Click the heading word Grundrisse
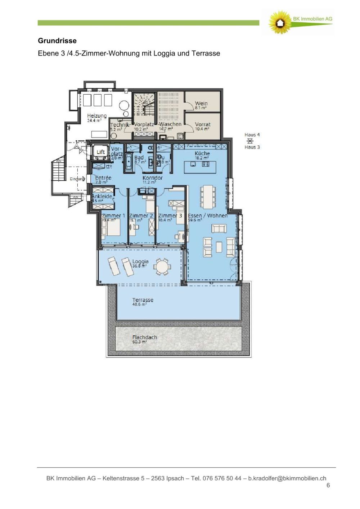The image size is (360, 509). pyautogui.click(x=57, y=41)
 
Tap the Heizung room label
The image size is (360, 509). pyautogui.click(x=96, y=116)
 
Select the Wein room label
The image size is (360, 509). pyautogui.click(x=201, y=103)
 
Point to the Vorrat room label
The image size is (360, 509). pyautogui.click(x=202, y=124)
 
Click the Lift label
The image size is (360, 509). pyautogui.click(x=101, y=152)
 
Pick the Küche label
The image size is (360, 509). pyautogui.click(x=202, y=153)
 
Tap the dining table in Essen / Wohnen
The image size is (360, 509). pyautogui.click(x=207, y=197)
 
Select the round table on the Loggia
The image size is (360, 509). pyautogui.click(x=162, y=267)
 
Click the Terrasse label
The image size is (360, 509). pyautogui.click(x=143, y=300)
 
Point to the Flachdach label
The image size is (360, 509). pyautogui.click(x=144, y=337)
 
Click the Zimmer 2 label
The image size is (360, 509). pyautogui.click(x=141, y=216)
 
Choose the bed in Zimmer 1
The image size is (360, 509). pyautogui.click(x=111, y=229)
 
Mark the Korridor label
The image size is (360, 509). pyautogui.click(x=152, y=178)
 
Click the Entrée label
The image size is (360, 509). pyautogui.click(x=103, y=178)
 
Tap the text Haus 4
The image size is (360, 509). pyautogui.click(x=252, y=135)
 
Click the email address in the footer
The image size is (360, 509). pyautogui.click(x=287, y=478)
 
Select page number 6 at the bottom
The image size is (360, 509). pyautogui.click(x=328, y=485)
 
